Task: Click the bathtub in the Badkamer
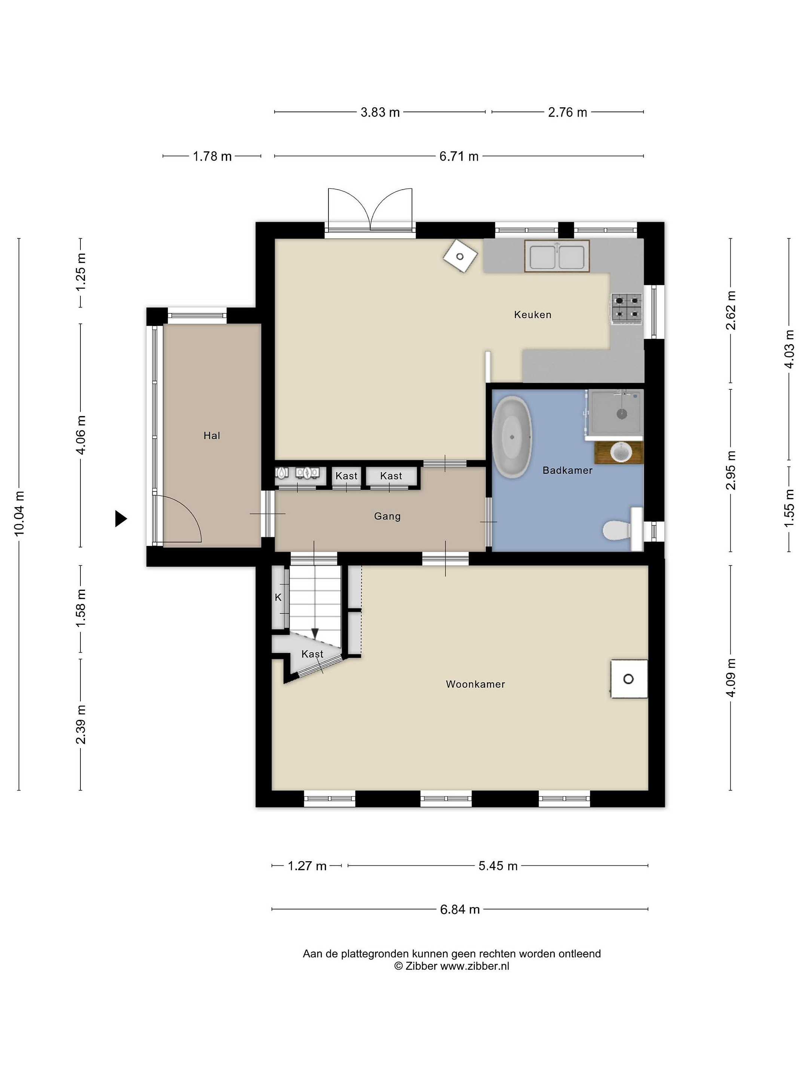point(511,437)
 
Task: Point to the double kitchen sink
point(557,256)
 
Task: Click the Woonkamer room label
point(475,684)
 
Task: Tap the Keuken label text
point(533,314)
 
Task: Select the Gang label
point(387,516)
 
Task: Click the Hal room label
point(212,436)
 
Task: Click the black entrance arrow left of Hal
point(120,519)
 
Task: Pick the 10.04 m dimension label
point(19,514)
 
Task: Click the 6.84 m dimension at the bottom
point(460,909)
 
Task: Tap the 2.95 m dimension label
point(731,470)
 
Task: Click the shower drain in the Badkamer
point(621,414)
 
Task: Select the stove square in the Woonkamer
point(629,679)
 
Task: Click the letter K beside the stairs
point(278,598)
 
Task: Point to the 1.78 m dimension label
point(212,156)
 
